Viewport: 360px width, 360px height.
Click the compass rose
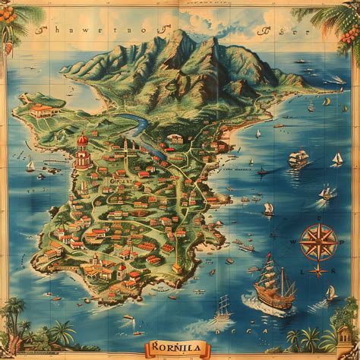[x=317, y=243]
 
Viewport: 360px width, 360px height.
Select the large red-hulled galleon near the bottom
[x=273, y=292]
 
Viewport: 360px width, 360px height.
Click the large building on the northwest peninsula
[x=46, y=110]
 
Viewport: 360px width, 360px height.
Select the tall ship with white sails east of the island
[x=298, y=159]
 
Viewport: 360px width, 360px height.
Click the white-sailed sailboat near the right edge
[x=337, y=159]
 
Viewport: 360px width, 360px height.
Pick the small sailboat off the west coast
[x=30, y=165]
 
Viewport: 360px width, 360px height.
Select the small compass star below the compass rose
[x=318, y=271]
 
